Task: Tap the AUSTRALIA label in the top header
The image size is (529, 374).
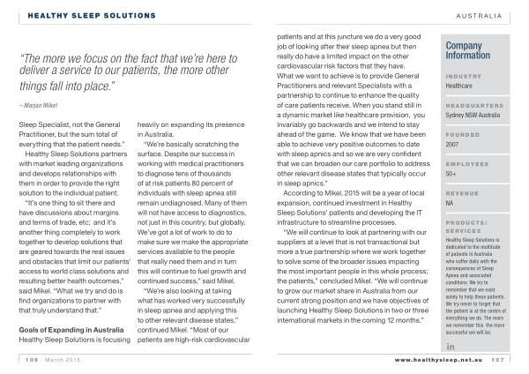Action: click(479, 16)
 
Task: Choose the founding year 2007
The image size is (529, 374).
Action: click(454, 145)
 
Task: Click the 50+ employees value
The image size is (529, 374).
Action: click(452, 174)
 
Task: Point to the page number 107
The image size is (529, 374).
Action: click(497, 360)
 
